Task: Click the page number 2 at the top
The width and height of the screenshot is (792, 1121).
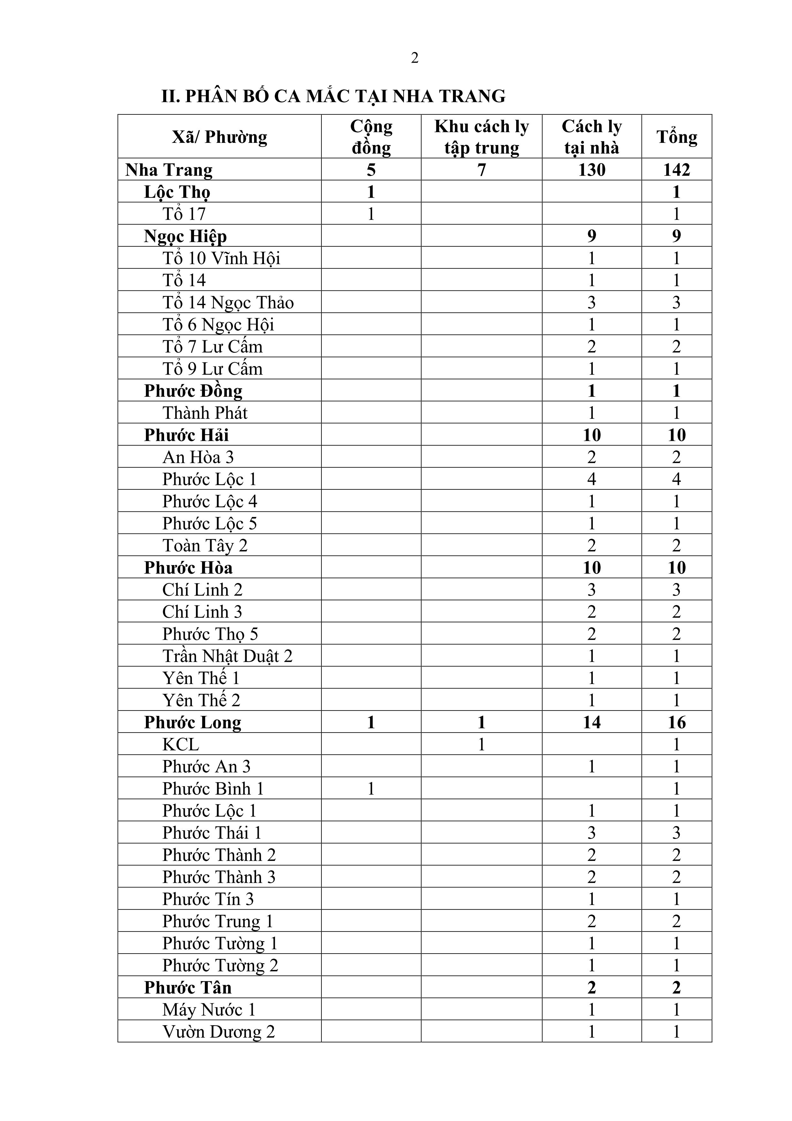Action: pos(414,58)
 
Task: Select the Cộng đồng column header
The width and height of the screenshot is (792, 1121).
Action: pos(371,137)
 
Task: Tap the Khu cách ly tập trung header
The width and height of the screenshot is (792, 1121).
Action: pos(481,137)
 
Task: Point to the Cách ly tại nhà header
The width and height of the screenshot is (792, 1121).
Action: pos(592,137)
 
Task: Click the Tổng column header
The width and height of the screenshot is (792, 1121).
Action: pos(676,137)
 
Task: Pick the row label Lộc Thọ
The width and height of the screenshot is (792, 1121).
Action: pos(177,192)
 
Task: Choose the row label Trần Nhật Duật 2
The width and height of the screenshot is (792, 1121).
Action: pos(227,656)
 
